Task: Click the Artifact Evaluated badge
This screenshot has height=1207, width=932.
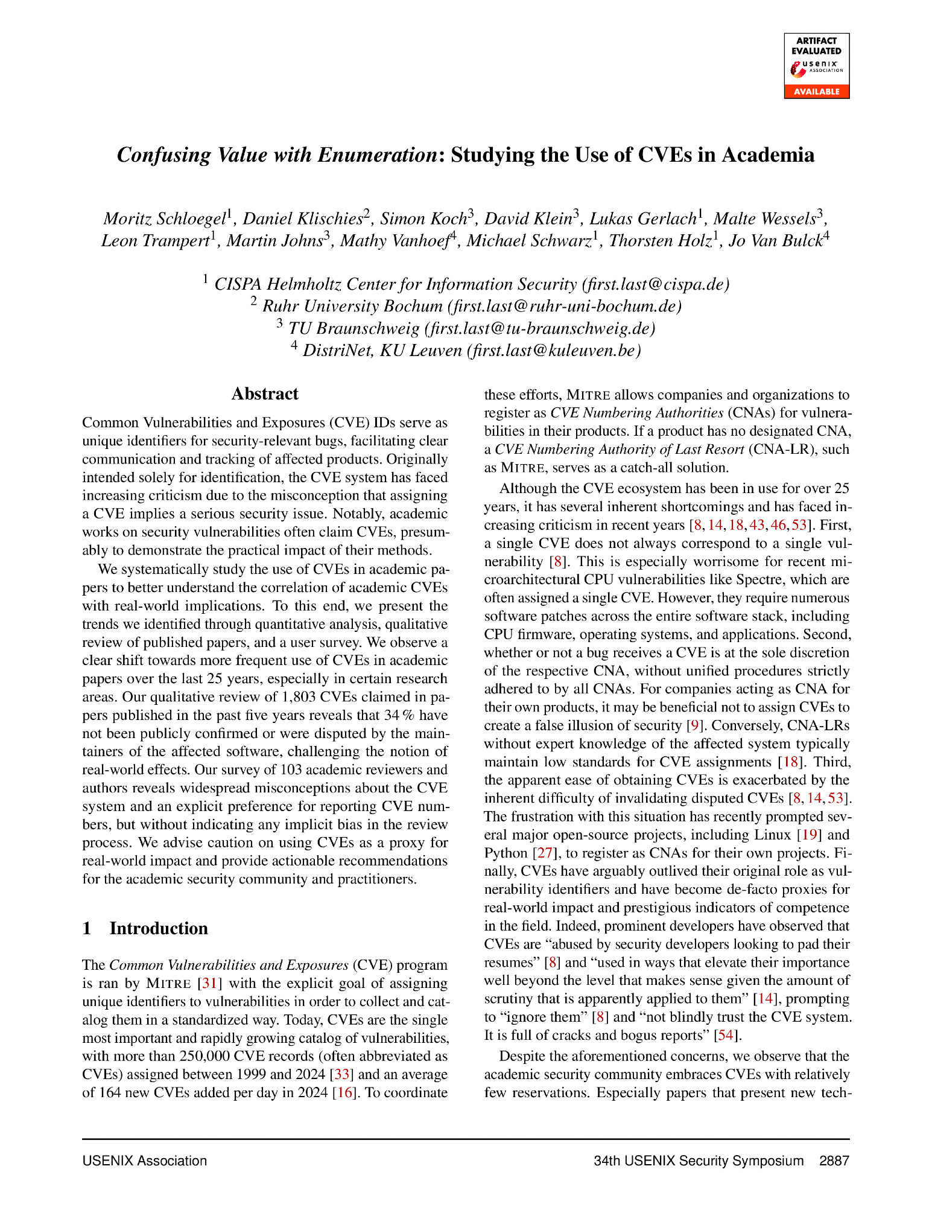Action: pos(816,65)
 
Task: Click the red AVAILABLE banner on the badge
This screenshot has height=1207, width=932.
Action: pos(816,92)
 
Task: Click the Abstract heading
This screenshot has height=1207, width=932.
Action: pos(265,394)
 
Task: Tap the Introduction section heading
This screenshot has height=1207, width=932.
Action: pos(158,928)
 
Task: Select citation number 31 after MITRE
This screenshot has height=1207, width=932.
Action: pos(209,983)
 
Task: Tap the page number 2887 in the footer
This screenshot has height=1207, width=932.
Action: pos(834,1161)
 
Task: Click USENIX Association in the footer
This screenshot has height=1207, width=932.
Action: pos(145,1161)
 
